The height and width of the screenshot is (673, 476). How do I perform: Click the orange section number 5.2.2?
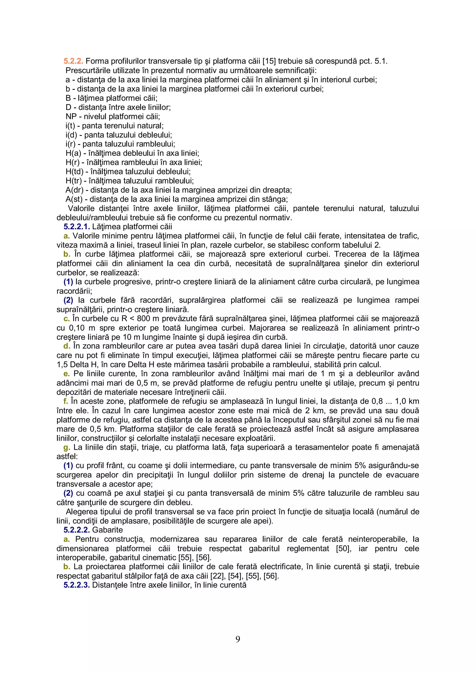tap(73, 61)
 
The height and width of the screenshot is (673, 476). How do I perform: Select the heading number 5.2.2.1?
tap(76, 227)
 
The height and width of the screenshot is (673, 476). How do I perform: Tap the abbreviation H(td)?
tap(75, 172)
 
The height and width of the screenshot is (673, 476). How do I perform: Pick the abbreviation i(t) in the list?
tap(70, 126)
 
